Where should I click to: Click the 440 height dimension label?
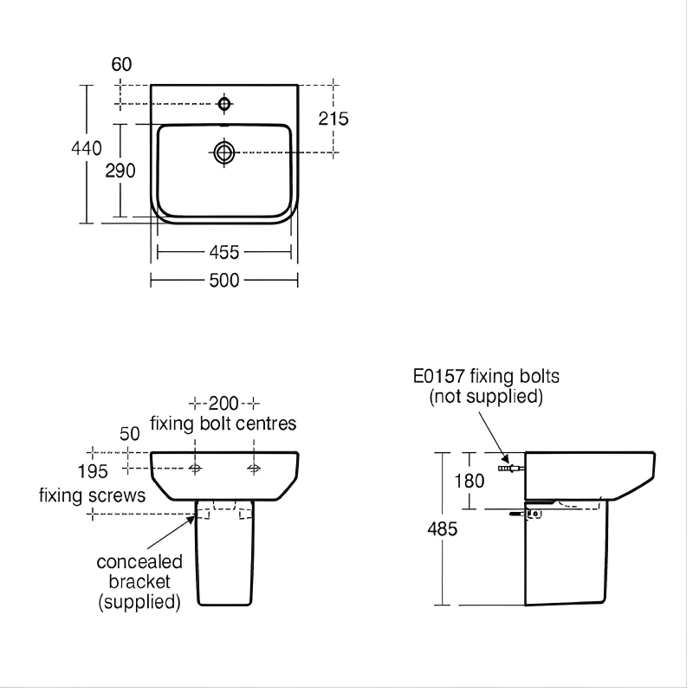point(87,148)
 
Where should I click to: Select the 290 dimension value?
point(120,171)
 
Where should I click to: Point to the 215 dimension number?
point(333,119)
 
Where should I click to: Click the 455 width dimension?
point(224,252)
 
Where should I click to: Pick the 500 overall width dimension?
point(224,280)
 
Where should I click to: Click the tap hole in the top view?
point(224,105)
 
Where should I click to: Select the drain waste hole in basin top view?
point(224,152)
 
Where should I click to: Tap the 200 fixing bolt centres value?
point(224,404)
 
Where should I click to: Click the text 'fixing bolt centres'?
point(223,424)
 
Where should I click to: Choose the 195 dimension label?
point(92,472)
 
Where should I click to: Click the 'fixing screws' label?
point(92,496)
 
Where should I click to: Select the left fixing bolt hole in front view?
point(196,469)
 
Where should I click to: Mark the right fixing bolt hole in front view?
point(254,469)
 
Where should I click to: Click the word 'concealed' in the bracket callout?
point(139,562)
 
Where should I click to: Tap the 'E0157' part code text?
point(440,377)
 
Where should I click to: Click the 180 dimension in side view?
point(470,480)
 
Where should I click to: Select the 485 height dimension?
point(440,528)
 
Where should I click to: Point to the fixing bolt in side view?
point(510,469)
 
